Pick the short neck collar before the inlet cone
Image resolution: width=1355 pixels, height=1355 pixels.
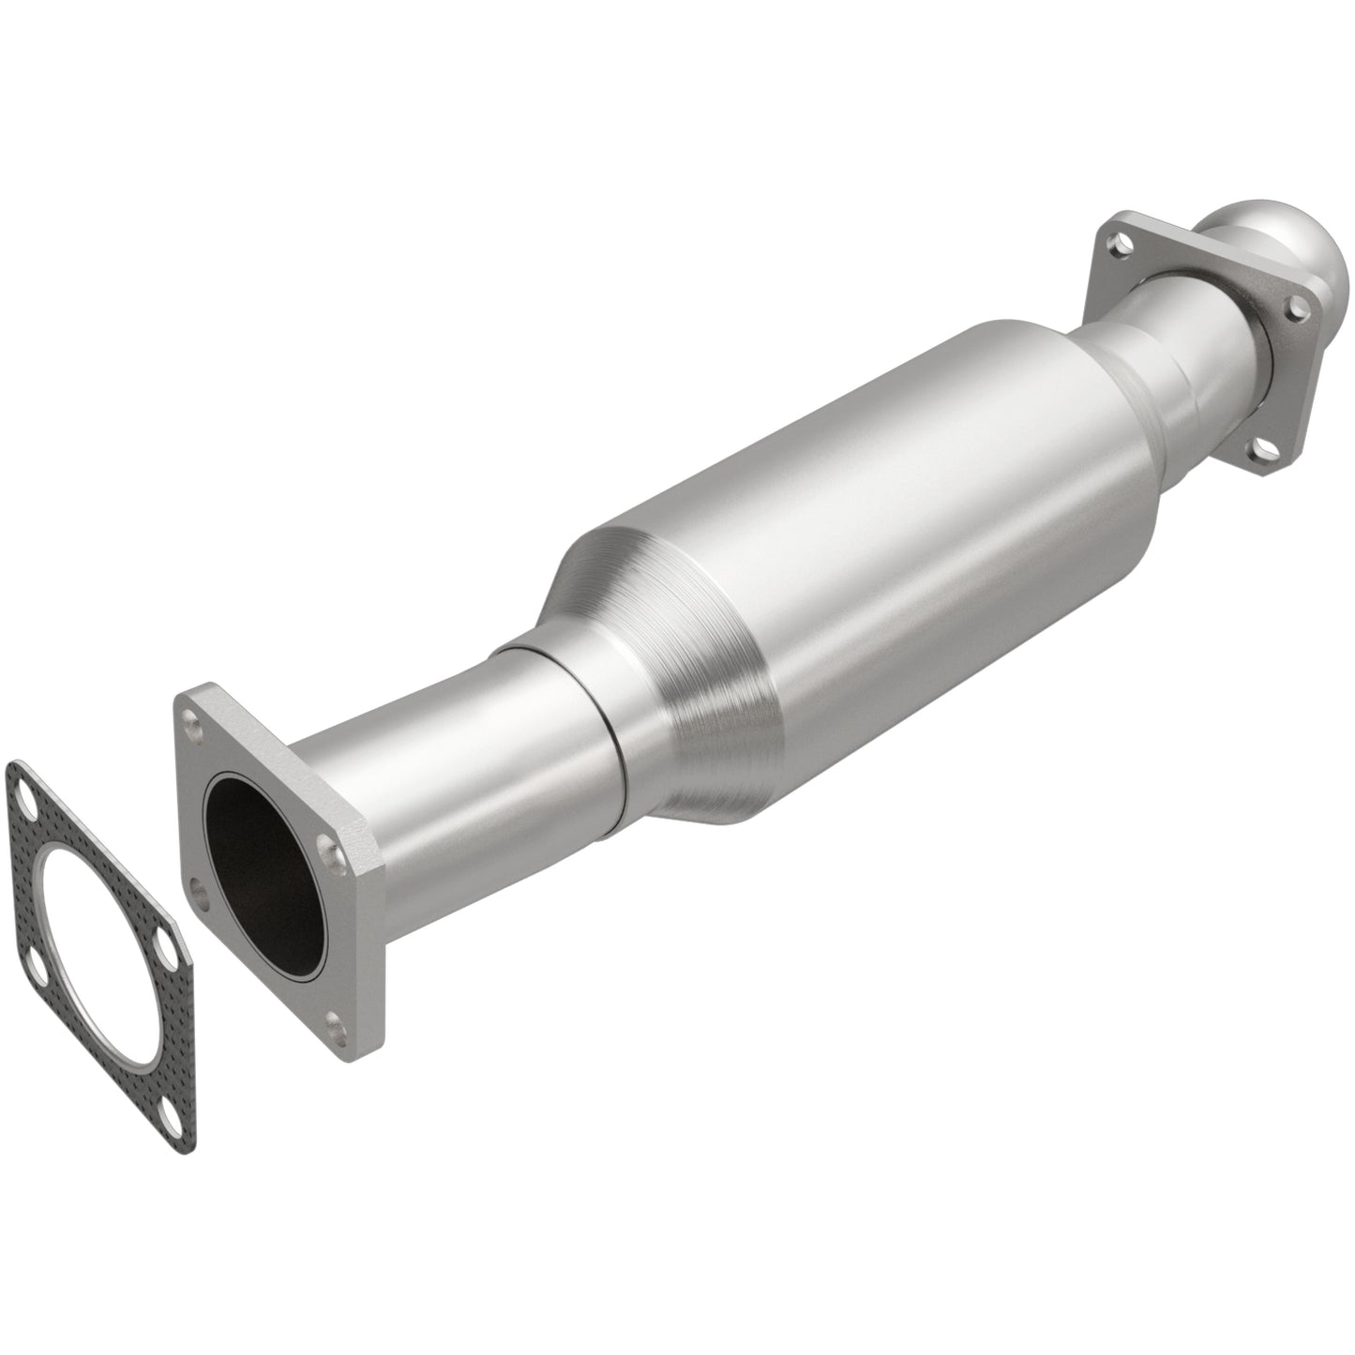pos(563,713)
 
